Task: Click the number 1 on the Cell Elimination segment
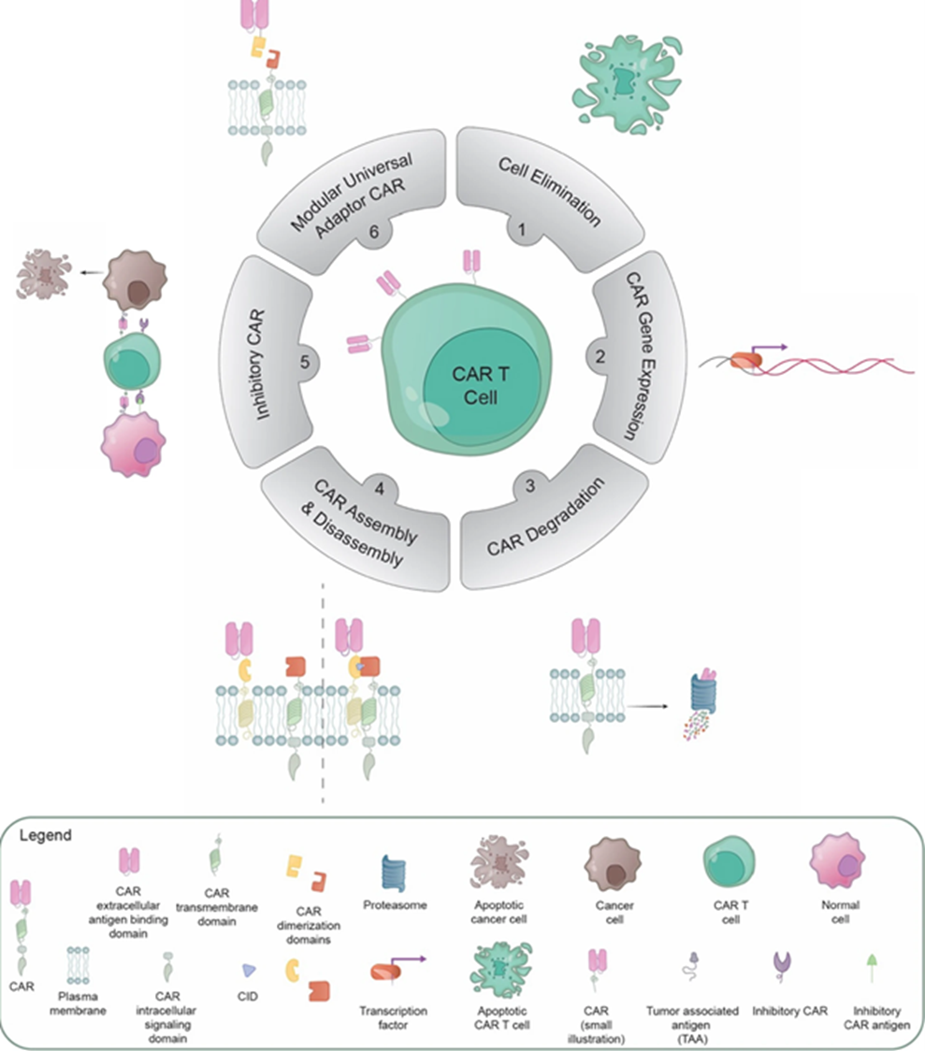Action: click(x=522, y=230)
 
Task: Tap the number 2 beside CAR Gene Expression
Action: click(x=600, y=356)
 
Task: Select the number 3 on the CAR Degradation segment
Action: click(x=530, y=485)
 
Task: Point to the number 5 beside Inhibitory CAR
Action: click(x=305, y=362)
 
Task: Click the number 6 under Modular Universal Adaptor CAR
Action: click(x=373, y=231)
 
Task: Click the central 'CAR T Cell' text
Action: click(x=481, y=385)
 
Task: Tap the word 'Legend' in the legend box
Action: click(x=46, y=835)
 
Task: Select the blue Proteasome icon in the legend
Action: click(x=394, y=873)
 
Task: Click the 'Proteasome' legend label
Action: click(x=395, y=905)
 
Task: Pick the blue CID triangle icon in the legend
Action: click(x=249, y=970)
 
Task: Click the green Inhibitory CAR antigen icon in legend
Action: click(x=872, y=967)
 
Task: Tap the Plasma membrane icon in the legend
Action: click(x=79, y=965)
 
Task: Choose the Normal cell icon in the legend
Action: click(x=837, y=861)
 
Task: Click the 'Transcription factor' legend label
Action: click(x=393, y=1017)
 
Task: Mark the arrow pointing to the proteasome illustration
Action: click(x=647, y=707)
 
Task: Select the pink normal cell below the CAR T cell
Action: click(x=133, y=444)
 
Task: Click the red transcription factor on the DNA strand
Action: click(x=746, y=361)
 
